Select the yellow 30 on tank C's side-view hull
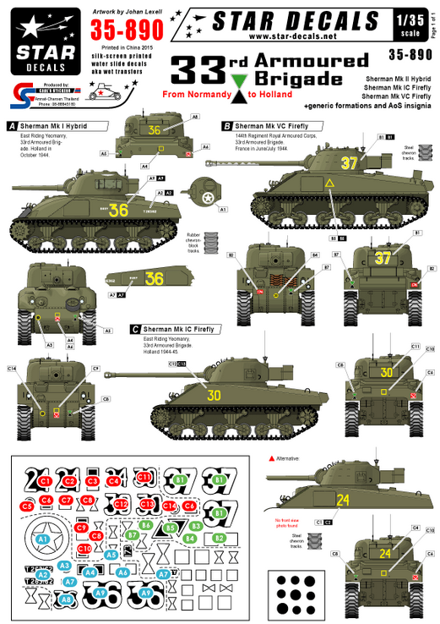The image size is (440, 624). [215, 396]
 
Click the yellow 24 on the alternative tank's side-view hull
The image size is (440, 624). [343, 501]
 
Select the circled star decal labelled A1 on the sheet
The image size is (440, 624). [42, 537]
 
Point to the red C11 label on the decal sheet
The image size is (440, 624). [144, 478]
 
